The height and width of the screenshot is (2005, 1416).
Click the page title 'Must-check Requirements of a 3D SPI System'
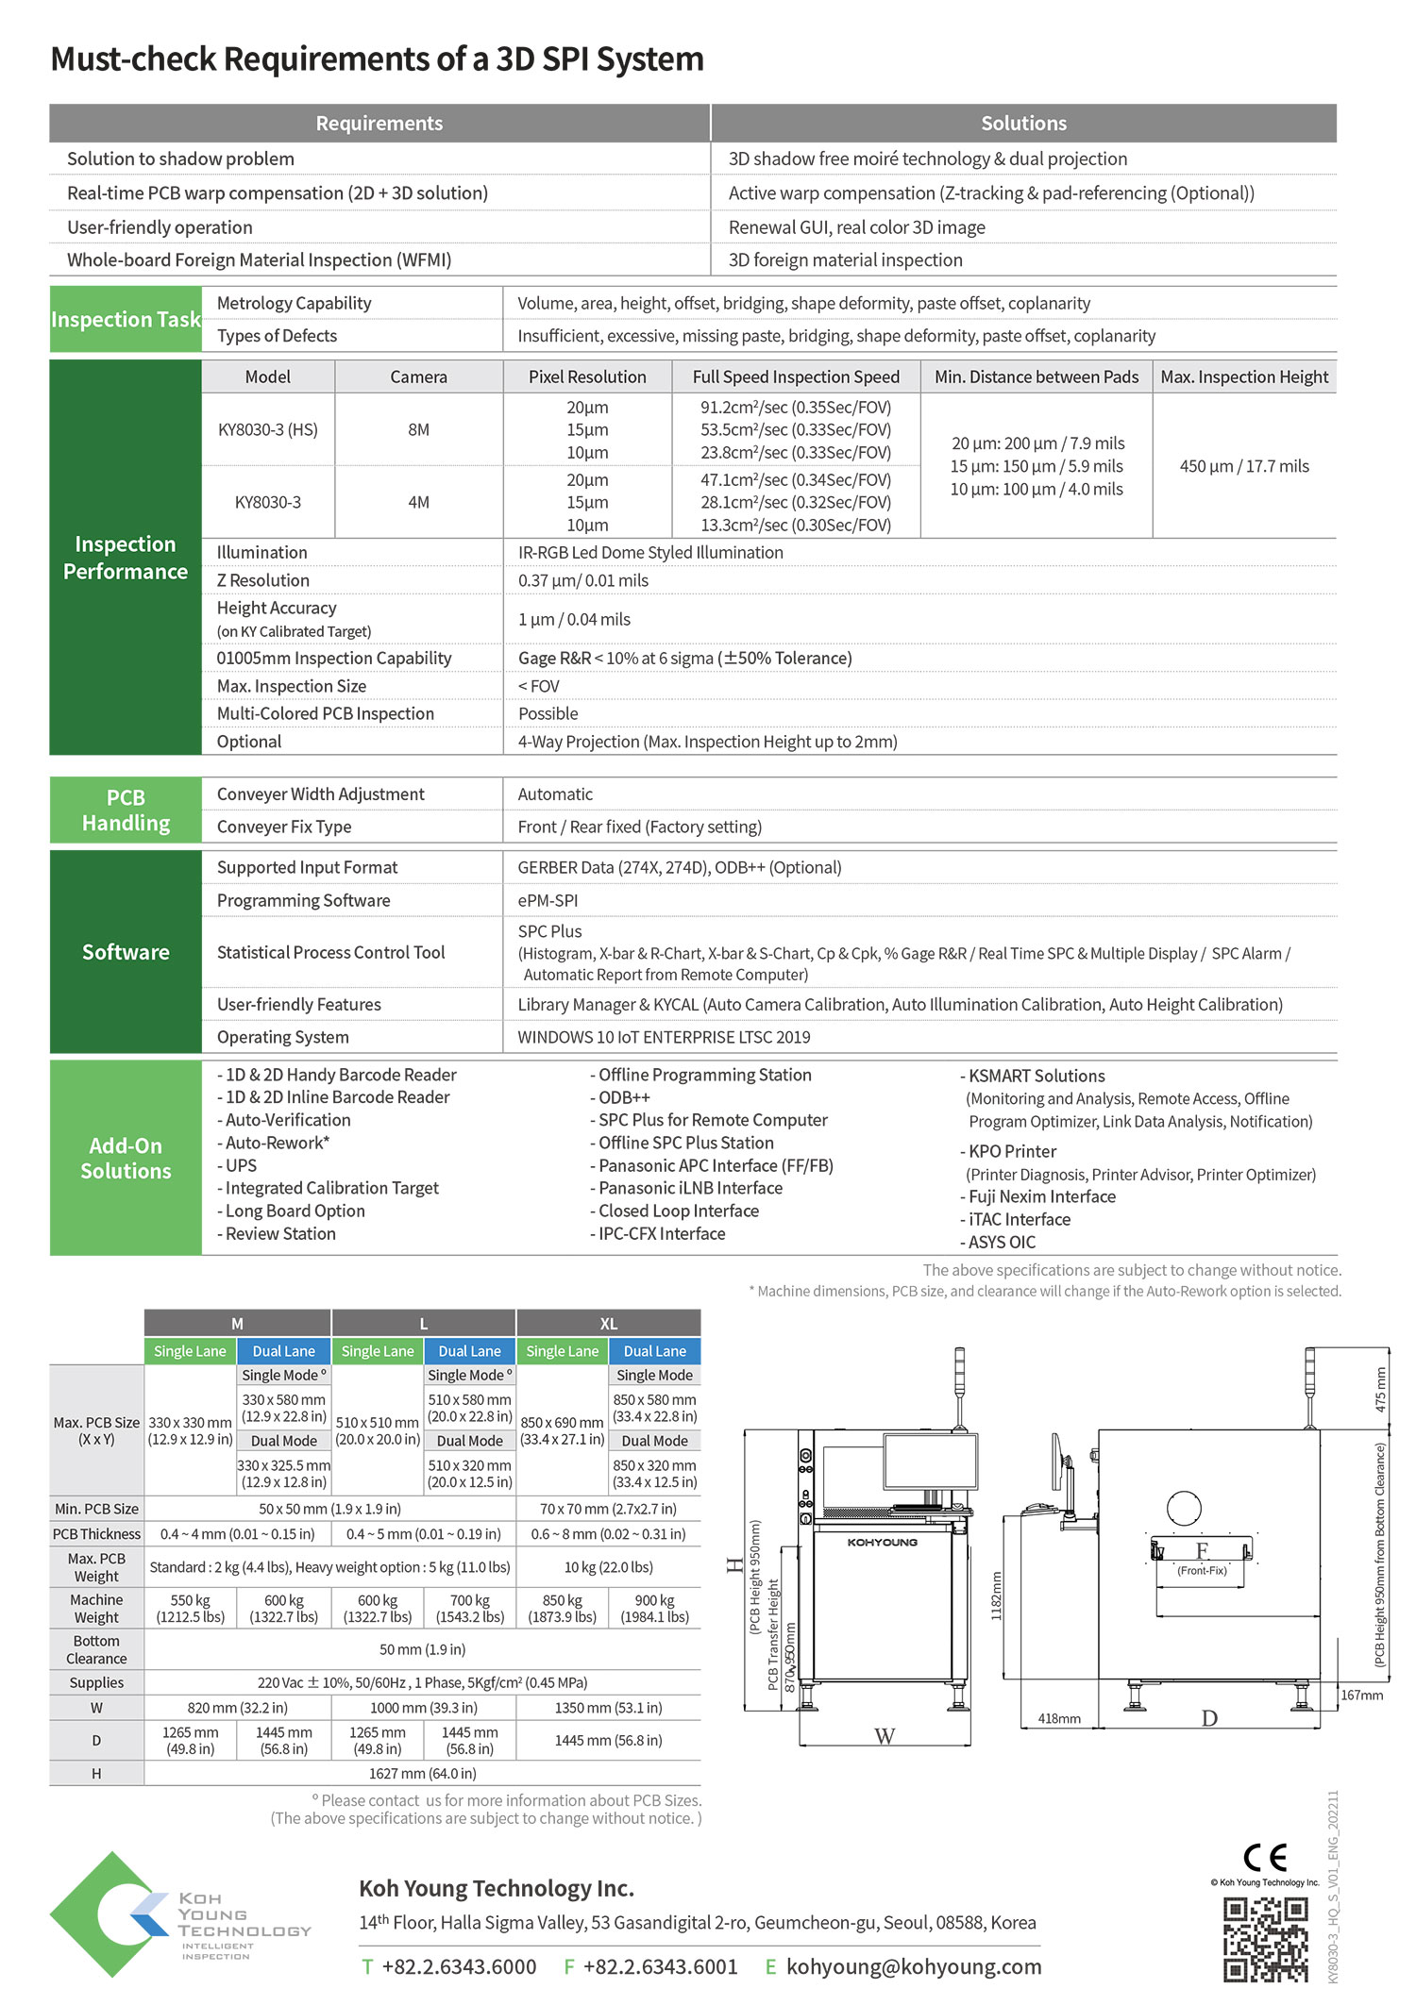[377, 59]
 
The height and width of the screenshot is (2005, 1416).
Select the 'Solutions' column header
[1023, 124]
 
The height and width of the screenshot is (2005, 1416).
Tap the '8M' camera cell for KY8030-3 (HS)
[418, 430]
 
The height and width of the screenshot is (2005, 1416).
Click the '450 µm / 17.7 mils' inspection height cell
[1244, 466]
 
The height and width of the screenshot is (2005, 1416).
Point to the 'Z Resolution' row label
[263, 580]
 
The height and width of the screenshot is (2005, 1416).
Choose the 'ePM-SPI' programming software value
[548, 900]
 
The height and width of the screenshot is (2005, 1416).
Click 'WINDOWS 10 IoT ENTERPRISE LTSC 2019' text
[664, 1037]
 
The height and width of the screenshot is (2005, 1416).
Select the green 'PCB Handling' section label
[126, 810]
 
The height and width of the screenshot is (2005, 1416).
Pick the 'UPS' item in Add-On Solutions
[241, 1165]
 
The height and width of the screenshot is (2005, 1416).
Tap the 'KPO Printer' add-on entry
[1012, 1151]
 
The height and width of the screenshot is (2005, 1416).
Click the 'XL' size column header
[609, 1324]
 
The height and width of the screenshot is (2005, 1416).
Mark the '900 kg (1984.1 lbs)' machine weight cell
[654, 1609]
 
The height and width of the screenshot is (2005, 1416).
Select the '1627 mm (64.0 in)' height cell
[422, 1774]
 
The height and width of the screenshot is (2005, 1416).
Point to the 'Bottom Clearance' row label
[96, 1649]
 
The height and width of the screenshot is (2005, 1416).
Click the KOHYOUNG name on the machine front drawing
[882, 1542]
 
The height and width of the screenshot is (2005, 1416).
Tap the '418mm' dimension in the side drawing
[1059, 1718]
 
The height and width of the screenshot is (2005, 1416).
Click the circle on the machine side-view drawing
[1184, 1508]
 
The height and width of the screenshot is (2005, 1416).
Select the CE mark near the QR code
[1265, 1858]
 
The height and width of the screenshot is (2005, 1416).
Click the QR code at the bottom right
[1265, 1940]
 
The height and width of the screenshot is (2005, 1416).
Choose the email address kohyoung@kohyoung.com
[914, 1967]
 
